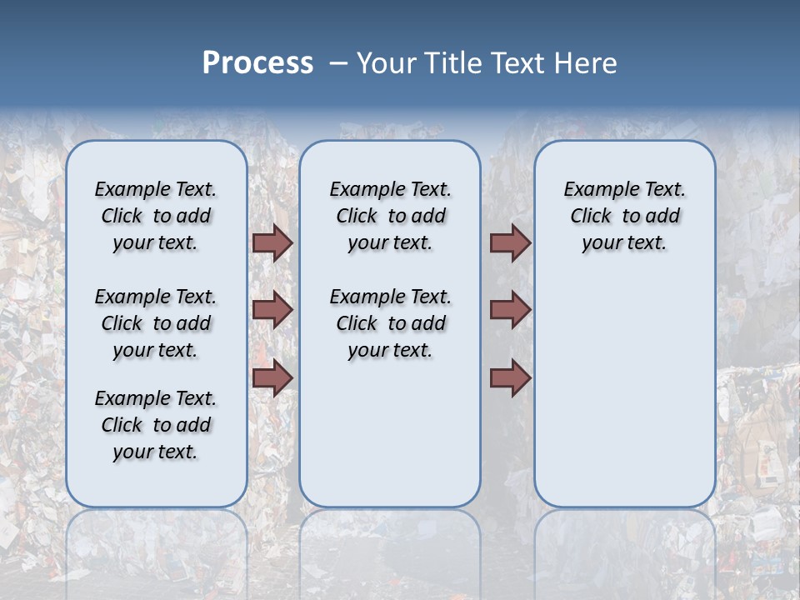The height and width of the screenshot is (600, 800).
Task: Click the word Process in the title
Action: [257, 63]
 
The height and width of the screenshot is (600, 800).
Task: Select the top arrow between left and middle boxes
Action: [272, 242]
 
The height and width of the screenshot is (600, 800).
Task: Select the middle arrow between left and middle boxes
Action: [272, 310]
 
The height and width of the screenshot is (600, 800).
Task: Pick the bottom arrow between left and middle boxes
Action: [272, 378]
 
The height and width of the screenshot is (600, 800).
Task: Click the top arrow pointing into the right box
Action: [510, 242]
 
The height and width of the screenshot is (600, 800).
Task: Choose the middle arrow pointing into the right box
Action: [510, 310]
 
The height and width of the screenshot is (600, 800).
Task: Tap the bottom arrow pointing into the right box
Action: [510, 378]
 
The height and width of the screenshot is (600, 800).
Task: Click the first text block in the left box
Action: [156, 216]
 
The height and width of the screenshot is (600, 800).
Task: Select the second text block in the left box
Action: [156, 323]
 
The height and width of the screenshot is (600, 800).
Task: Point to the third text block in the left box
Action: [156, 425]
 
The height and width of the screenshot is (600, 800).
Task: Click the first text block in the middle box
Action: [390, 216]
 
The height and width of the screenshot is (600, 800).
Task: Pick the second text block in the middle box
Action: [390, 323]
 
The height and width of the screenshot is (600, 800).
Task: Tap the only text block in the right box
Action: [624, 216]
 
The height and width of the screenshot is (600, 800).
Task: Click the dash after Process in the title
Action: [337, 63]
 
